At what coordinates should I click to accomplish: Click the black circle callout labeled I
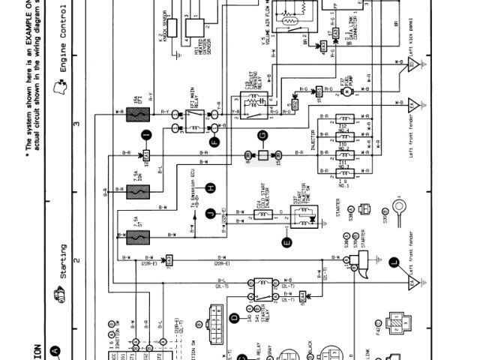pos(147,134)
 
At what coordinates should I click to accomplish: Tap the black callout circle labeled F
pos(214,140)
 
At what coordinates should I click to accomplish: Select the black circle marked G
pos(262,136)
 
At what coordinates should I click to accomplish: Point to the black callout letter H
pos(211,187)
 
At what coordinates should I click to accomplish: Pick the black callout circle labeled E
pos(285,241)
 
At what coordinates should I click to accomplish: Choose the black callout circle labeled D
pos(234,319)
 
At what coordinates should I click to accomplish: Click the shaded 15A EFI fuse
pos(136,115)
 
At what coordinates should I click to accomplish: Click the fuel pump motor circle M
pos(346,91)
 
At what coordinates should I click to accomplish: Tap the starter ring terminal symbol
pos(398,205)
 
